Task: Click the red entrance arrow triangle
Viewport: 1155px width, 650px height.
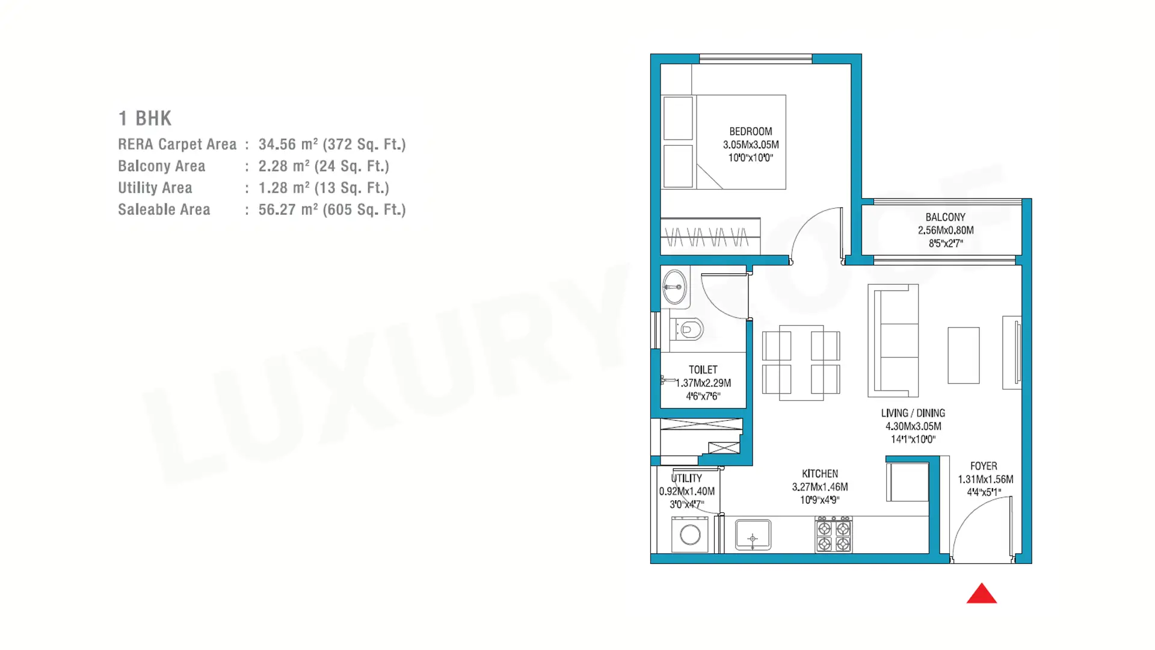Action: point(982,593)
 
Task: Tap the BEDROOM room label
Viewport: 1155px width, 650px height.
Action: point(751,131)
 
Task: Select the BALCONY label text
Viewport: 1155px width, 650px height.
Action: point(945,217)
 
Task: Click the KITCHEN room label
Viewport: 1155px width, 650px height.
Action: point(820,474)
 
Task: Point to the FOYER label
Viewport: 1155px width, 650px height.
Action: point(984,466)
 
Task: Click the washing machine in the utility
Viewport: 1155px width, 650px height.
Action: point(690,534)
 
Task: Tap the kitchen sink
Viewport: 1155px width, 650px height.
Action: point(753,535)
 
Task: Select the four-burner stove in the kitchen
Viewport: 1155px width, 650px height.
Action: point(834,534)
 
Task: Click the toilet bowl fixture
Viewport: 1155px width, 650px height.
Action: point(687,330)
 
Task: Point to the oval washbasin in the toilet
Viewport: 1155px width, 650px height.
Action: point(675,286)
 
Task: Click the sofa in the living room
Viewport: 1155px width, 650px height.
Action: point(893,341)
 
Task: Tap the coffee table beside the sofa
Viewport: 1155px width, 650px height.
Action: point(964,356)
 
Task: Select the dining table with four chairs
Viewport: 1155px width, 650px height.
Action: point(801,363)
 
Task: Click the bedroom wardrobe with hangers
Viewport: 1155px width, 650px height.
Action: point(710,236)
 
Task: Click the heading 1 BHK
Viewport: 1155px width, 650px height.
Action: point(145,118)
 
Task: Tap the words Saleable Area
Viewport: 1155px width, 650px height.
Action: point(164,209)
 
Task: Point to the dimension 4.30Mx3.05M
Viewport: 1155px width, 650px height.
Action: point(913,426)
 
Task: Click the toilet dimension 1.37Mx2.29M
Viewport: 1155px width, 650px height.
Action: point(703,383)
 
